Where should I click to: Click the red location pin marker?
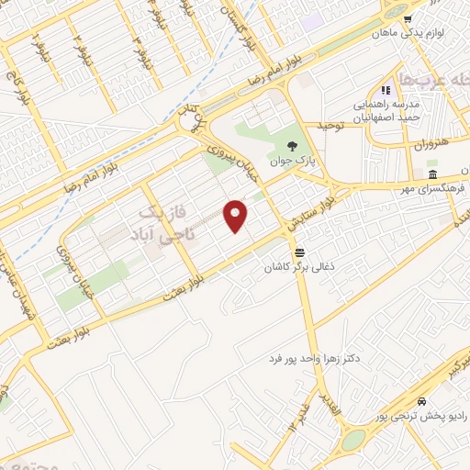tap(236, 216)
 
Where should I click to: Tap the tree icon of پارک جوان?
tap(292, 145)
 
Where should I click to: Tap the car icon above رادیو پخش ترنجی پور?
tap(420, 402)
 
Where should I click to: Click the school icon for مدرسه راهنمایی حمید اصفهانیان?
tap(386, 90)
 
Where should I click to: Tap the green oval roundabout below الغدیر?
tap(352, 440)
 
